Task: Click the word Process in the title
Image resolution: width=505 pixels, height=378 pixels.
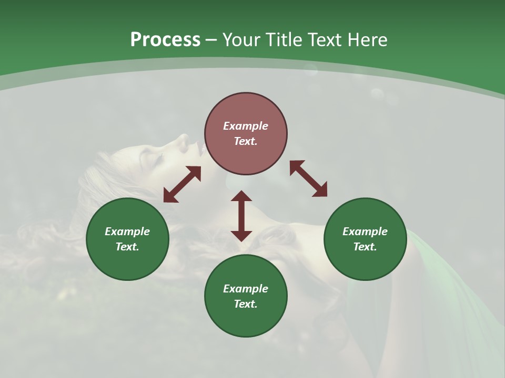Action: pyautogui.click(x=165, y=40)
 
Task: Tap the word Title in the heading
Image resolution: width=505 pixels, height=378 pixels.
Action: pyautogui.click(x=284, y=40)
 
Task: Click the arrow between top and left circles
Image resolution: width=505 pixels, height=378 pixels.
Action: pyautogui.click(x=182, y=184)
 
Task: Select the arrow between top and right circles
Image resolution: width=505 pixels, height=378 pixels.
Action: pyautogui.click(x=308, y=179)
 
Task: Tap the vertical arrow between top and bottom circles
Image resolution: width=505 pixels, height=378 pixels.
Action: pyautogui.click(x=241, y=216)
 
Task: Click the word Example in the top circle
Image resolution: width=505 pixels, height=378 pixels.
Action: pyautogui.click(x=246, y=126)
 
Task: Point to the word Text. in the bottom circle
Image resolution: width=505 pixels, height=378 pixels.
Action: pyautogui.click(x=246, y=304)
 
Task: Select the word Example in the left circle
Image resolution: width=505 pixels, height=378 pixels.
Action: pyautogui.click(x=127, y=232)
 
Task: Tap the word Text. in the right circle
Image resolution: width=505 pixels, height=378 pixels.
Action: pyautogui.click(x=365, y=247)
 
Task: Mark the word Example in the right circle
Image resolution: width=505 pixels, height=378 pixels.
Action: pyautogui.click(x=365, y=232)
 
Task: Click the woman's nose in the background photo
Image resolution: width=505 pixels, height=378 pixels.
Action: pyautogui.click(x=183, y=139)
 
